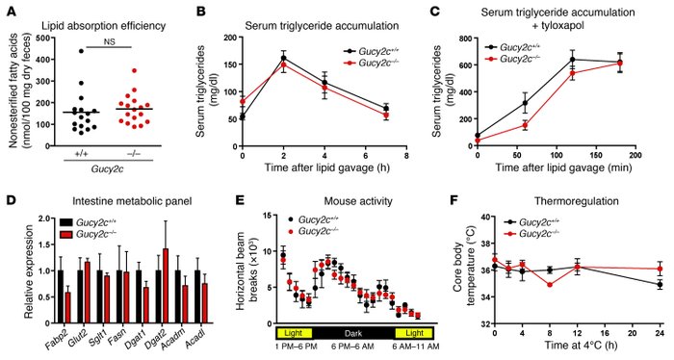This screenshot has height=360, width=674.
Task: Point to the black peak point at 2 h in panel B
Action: (284, 59)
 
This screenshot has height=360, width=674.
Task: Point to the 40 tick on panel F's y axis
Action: (489, 219)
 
